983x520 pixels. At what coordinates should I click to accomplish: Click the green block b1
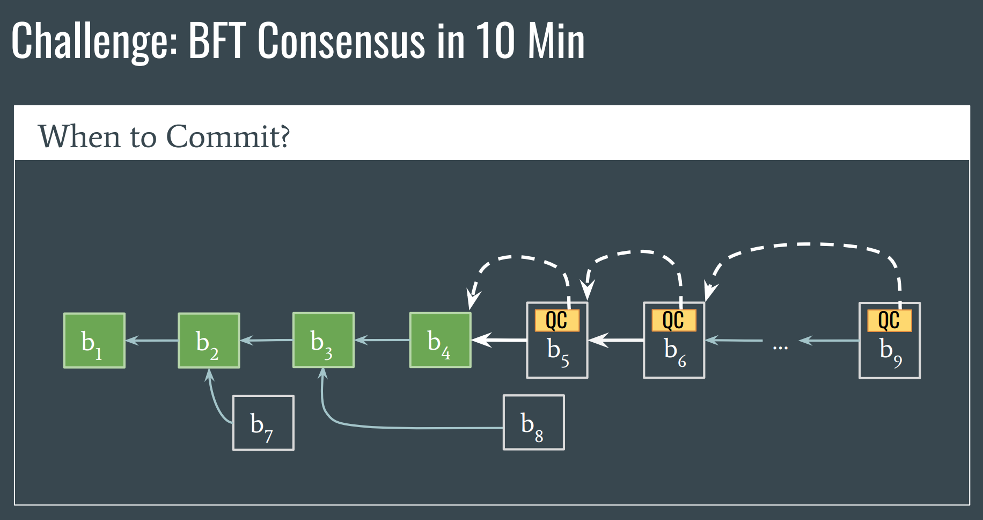click(94, 341)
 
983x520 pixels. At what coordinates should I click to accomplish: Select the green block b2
click(209, 341)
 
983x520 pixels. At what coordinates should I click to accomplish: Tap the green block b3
click(324, 340)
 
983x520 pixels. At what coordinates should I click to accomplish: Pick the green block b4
click(441, 340)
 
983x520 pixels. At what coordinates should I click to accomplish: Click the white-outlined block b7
click(263, 423)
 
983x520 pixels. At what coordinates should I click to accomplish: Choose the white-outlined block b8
click(534, 422)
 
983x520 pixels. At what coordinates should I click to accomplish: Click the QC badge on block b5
click(557, 320)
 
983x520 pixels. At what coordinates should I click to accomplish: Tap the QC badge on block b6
click(674, 320)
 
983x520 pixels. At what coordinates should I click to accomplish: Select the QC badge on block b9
click(890, 320)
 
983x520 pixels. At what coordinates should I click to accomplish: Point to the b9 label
click(891, 352)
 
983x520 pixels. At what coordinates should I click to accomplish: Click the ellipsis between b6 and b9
click(780, 348)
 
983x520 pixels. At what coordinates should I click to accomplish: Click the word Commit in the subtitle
click(228, 136)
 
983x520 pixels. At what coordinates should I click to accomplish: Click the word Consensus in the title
click(342, 41)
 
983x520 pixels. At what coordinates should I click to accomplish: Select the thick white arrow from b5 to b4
click(499, 340)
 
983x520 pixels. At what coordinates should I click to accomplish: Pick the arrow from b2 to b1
click(152, 340)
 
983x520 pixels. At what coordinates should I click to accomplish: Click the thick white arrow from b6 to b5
click(616, 340)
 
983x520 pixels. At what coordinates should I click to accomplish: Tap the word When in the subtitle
click(79, 136)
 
